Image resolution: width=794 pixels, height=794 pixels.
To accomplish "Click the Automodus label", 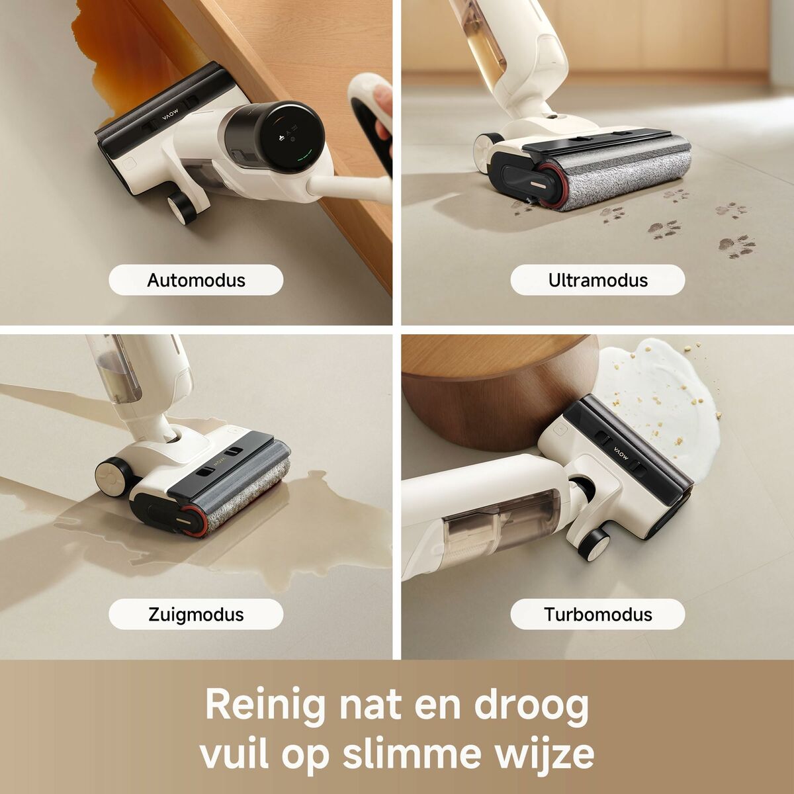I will click(x=196, y=280).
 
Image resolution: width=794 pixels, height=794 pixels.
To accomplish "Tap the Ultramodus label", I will click(x=597, y=280).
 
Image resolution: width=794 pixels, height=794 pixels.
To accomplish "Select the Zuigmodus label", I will click(x=196, y=615).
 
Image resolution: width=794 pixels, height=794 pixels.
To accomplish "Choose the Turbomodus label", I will click(x=597, y=615).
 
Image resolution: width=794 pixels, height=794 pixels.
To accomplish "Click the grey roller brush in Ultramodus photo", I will click(x=629, y=175).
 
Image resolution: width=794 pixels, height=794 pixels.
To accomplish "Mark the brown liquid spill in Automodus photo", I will click(x=132, y=53).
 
